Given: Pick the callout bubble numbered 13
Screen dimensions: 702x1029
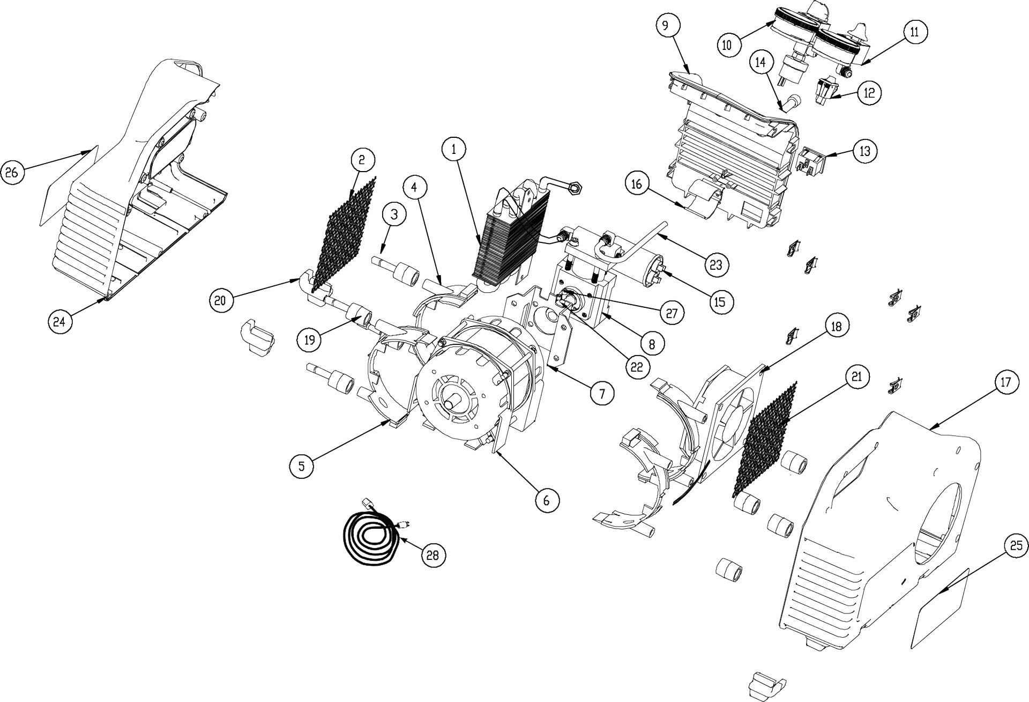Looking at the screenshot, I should pos(864,151).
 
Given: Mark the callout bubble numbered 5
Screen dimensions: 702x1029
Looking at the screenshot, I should pos(302,466).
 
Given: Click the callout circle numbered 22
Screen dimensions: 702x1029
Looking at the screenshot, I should pos(636,366).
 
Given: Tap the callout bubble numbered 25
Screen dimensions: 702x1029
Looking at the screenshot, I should pos(1016,547).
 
